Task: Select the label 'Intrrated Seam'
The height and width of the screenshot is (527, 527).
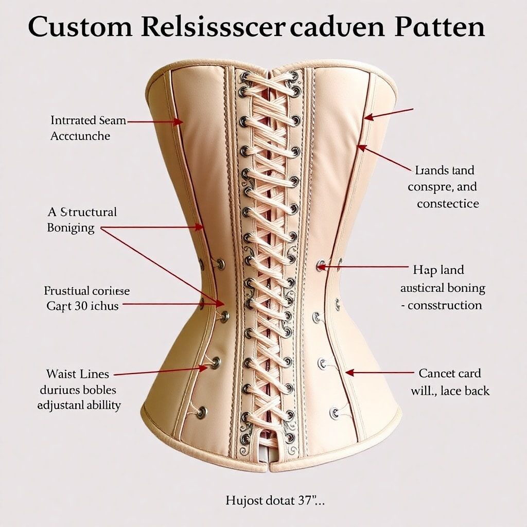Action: coord(88,120)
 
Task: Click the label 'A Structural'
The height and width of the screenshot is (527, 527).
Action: coord(82,212)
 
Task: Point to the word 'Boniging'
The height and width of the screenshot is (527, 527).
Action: coord(71,227)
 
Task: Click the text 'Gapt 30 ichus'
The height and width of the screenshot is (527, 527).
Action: coord(82,306)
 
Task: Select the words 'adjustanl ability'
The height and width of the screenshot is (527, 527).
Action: coord(79,405)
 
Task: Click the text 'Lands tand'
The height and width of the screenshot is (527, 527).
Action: coord(445,170)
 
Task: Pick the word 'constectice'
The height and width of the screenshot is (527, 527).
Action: coord(448,203)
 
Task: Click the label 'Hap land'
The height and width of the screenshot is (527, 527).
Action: coord(438,270)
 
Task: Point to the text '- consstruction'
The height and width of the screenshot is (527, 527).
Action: coord(442,305)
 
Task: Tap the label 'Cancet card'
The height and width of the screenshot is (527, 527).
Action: coord(450,373)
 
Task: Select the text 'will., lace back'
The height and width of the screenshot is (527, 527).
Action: coord(450,391)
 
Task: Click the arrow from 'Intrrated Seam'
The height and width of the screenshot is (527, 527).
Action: coord(154,122)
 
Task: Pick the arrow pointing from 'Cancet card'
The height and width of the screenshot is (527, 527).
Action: coord(381,372)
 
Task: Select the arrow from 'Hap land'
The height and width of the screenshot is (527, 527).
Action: coord(365,267)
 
